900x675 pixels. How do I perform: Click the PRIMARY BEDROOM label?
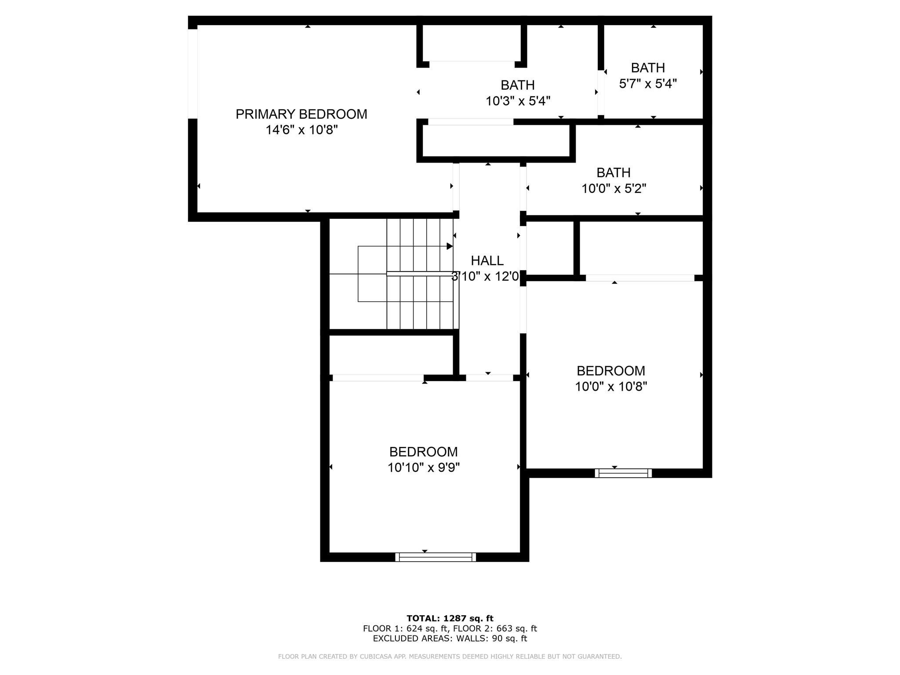[x=301, y=114]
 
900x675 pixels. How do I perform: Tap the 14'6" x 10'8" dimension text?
[x=301, y=130]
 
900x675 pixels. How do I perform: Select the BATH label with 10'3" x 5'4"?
[x=518, y=85]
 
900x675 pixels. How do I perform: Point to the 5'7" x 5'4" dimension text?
[x=648, y=83]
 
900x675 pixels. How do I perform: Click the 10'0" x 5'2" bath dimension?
[x=614, y=189]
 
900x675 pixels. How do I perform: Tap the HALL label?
[x=487, y=261]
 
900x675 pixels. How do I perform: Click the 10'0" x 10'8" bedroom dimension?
[x=611, y=387]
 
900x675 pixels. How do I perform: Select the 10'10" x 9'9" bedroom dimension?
[x=424, y=468]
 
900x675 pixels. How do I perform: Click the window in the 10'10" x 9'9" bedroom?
[x=435, y=557]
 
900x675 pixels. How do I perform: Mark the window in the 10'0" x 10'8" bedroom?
[x=623, y=473]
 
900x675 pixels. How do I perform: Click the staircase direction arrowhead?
[x=450, y=246]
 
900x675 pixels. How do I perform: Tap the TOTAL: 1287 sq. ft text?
[x=450, y=619]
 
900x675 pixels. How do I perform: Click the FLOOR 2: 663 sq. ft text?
[x=495, y=629]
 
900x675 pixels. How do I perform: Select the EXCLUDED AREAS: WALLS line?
[x=450, y=639]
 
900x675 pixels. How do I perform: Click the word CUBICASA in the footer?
[x=377, y=657]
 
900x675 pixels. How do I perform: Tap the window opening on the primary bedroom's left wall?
[x=192, y=74]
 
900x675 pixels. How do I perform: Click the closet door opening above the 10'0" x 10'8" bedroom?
[x=640, y=278]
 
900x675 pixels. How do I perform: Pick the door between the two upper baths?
[x=601, y=92]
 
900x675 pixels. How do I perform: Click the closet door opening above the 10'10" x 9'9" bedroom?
[x=378, y=378]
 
